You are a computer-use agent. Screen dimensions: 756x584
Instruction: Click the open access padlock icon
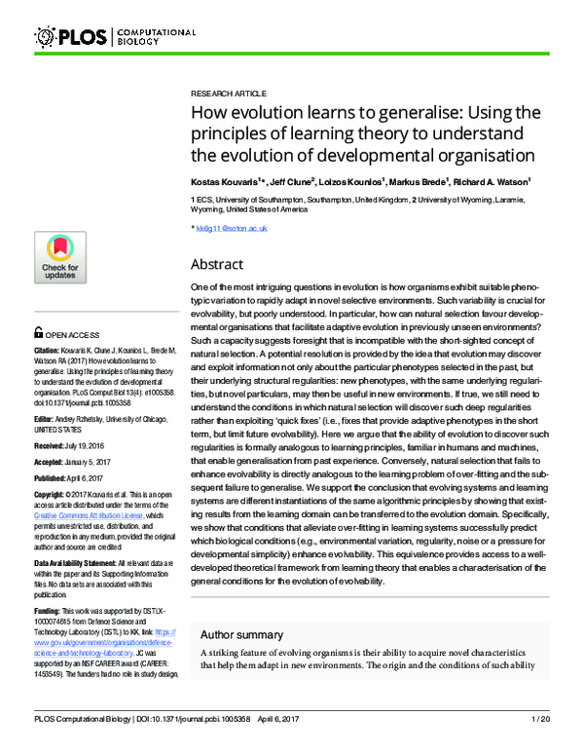[x=38, y=331]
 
